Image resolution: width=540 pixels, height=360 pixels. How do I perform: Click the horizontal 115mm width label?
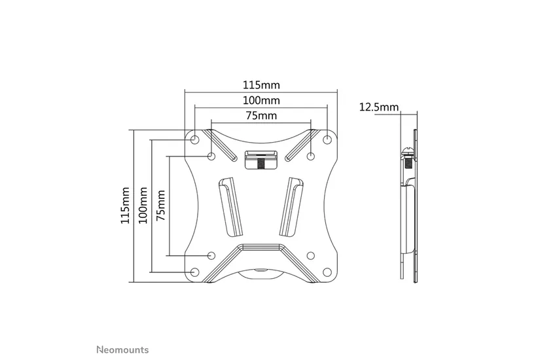click(x=261, y=85)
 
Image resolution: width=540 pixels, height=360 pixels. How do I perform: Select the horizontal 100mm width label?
click(x=261, y=101)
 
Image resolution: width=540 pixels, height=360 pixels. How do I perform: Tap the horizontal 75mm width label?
click(x=261, y=116)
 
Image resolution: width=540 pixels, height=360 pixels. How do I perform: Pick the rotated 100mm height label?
click(x=143, y=206)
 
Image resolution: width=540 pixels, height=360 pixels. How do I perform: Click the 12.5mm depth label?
click(x=379, y=107)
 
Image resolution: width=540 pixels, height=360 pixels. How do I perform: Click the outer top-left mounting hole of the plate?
click(x=195, y=139)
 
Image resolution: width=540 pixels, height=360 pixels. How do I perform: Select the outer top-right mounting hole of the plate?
click(x=327, y=139)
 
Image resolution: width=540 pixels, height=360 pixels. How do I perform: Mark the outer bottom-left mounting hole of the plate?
click(x=195, y=272)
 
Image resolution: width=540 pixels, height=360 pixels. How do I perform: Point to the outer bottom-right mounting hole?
click(x=327, y=272)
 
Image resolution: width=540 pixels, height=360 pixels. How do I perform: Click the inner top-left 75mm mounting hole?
click(x=211, y=156)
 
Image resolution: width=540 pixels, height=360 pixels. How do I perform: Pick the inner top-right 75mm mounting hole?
click(x=311, y=156)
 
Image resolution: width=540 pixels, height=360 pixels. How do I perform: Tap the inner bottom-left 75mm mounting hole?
click(x=211, y=255)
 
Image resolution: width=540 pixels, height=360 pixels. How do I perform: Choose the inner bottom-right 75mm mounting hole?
click(x=311, y=255)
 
